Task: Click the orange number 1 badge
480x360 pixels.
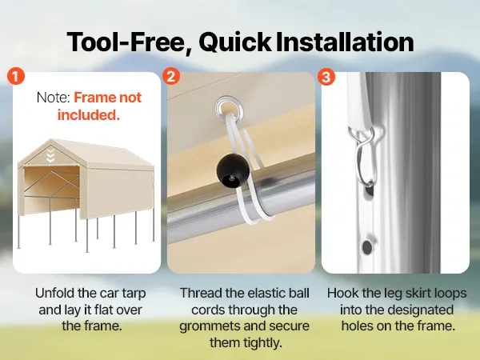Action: [x=16, y=76]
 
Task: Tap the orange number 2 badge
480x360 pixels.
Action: [x=171, y=76]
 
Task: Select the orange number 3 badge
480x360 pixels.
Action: [x=326, y=76]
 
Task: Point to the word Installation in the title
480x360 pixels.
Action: [x=345, y=42]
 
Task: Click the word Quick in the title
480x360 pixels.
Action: [x=235, y=42]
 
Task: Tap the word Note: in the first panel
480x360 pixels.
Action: [x=54, y=98]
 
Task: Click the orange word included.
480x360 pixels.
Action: [x=89, y=115]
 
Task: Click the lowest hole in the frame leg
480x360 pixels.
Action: [x=366, y=247]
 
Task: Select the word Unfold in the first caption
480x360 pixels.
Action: [x=54, y=293]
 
